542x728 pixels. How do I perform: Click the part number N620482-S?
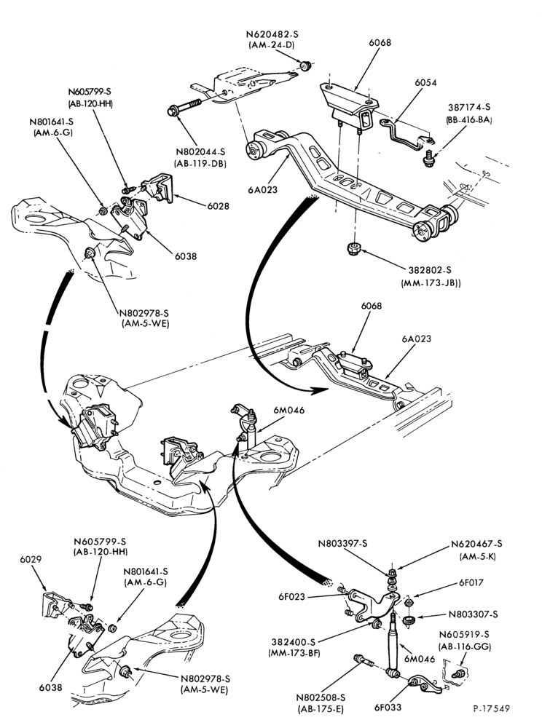272,34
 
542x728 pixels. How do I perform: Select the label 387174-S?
469,107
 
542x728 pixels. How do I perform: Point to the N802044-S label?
200,152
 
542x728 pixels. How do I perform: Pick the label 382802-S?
430,270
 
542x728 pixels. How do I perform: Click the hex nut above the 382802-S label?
355,248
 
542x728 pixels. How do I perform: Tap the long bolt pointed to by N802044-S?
184,107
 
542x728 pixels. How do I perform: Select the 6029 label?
31,559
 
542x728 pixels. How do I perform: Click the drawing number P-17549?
492,708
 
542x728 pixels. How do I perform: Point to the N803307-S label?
474,614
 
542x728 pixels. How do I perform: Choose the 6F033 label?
388,708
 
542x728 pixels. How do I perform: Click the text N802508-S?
321,697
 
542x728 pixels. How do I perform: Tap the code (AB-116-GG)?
465,646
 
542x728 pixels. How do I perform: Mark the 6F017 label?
471,582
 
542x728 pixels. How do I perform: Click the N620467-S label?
476,544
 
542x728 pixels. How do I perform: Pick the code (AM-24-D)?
272,45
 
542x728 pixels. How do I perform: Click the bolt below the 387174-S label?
428,158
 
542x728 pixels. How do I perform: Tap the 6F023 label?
291,596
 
